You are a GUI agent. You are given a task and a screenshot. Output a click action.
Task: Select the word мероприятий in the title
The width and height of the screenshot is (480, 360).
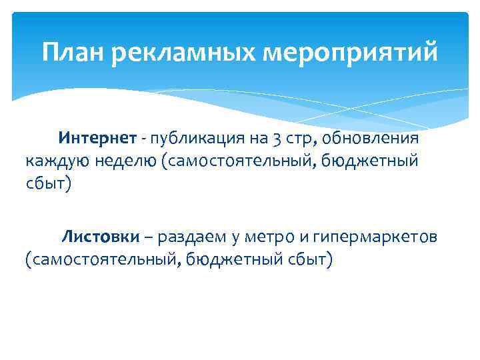click(x=353, y=52)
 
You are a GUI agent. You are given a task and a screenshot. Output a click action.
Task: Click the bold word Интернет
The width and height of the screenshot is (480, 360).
click(x=97, y=138)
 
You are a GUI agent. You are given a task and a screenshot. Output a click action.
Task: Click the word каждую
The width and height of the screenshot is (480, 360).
click(x=54, y=161)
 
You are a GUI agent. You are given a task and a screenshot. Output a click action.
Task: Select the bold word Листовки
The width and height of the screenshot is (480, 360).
click(x=101, y=236)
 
